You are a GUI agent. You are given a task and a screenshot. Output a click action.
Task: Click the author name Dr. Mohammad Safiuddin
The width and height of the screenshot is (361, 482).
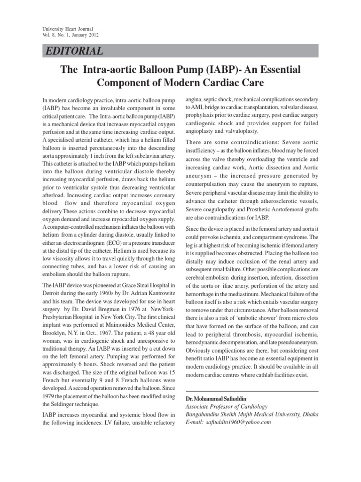212,399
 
